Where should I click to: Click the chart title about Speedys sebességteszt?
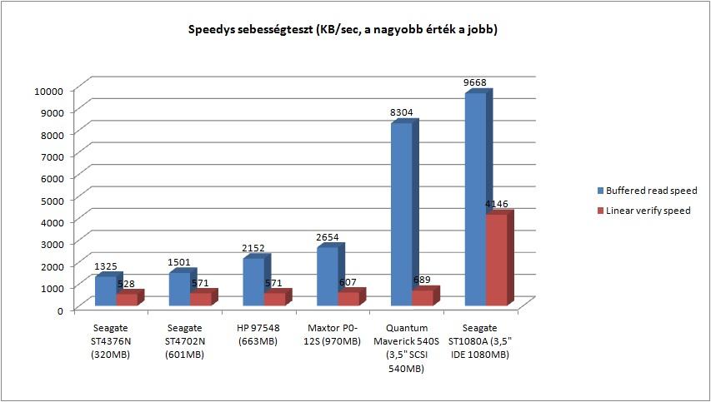343,31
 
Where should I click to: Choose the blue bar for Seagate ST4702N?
183,287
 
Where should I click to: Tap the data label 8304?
401,112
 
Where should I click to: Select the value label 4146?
496,204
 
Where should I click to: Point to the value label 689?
421,280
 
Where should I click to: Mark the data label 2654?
328,237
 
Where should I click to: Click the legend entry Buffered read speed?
647,191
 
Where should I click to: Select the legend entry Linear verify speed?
643,211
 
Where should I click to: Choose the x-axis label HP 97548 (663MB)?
258,335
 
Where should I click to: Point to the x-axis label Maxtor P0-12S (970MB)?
333,335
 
